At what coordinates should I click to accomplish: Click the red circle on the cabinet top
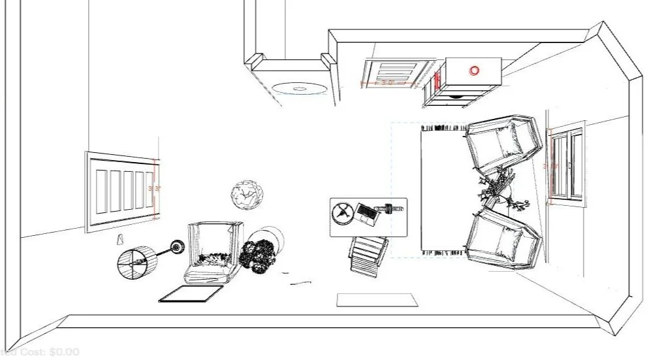(x=474, y=70)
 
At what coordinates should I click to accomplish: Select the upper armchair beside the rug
(x=501, y=144)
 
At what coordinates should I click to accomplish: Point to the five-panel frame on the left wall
(x=120, y=189)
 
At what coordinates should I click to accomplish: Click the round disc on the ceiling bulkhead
(x=299, y=88)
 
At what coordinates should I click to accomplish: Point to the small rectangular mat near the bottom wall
(x=376, y=300)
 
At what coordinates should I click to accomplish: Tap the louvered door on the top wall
(x=398, y=73)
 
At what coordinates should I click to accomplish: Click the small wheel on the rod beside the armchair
(x=176, y=246)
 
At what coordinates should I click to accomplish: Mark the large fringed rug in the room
(x=443, y=189)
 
